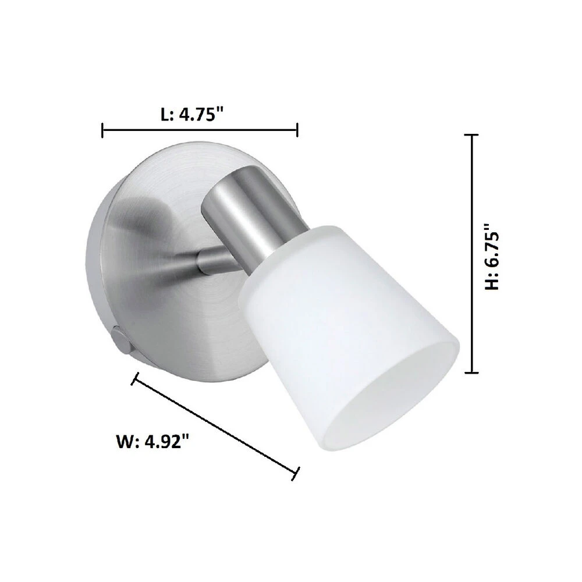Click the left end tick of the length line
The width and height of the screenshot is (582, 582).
[x=102, y=130]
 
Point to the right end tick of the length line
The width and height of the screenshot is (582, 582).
[x=297, y=130]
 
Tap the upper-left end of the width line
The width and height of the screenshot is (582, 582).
[x=135, y=379]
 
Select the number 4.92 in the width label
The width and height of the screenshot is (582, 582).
[x=167, y=442]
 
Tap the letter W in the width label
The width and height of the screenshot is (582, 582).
[x=124, y=442]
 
